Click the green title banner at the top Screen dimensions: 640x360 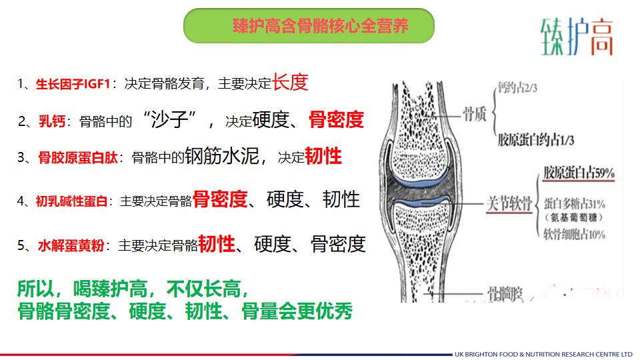click(x=309, y=26)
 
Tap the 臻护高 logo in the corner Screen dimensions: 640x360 click(x=577, y=37)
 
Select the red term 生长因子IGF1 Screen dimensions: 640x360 click(x=73, y=84)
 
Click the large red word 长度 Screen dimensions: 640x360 click(x=290, y=82)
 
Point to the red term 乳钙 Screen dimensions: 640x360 click(x=52, y=121)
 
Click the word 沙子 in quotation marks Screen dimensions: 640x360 click(x=169, y=119)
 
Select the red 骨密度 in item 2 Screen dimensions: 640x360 click(x=336, y=119)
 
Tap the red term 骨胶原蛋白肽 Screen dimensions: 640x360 click(x=78, y=157)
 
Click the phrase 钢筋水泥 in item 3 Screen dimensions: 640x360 click(x=222, y=156)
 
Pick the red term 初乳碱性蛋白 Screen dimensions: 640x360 click(x=71, y=201)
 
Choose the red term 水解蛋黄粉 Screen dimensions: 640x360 click(x=71, y=246)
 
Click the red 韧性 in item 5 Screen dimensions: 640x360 click(x=217, y=244)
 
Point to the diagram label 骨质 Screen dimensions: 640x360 click(x=474, y=114)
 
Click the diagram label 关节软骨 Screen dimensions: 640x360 click(x=509, y=203)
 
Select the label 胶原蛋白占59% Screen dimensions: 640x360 click(x=579, y=173)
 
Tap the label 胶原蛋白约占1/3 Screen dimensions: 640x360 click(x=535, y=141)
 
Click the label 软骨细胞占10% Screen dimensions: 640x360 click(x=574, y=234)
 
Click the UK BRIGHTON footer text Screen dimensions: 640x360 click(x=543, y=354)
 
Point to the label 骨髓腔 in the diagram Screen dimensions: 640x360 click(x=505, y=294)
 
